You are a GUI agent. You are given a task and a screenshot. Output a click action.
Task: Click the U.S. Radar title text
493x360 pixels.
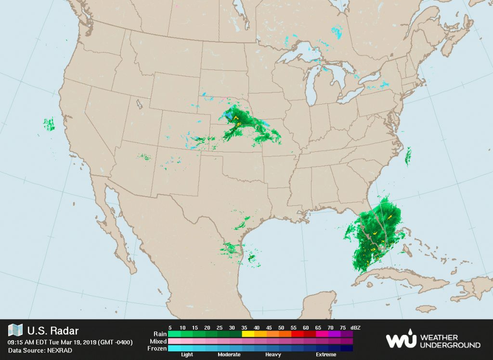point(52,331)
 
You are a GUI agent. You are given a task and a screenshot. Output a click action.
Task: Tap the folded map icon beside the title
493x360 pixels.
point(15,331)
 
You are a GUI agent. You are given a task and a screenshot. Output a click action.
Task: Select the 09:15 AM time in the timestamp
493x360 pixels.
point(21,343)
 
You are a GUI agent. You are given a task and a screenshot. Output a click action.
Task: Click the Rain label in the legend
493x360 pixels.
point(160,333)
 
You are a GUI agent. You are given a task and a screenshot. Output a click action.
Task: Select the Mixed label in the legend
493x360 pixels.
point(158,341)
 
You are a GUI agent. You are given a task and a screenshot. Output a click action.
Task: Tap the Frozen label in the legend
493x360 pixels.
point(157,348)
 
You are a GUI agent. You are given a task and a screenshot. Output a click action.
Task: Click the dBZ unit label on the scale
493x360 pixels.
point(356,327)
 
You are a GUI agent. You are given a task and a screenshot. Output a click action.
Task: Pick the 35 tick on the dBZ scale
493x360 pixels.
point(245,327)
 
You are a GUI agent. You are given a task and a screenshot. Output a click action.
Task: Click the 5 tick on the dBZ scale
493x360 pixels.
point(170,327)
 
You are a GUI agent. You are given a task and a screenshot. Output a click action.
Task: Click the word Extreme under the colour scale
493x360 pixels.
point(326,355)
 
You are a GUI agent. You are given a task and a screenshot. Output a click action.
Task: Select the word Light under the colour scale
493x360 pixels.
point(187,355)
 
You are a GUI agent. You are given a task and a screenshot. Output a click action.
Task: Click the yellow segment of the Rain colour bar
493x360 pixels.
point(247,333)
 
